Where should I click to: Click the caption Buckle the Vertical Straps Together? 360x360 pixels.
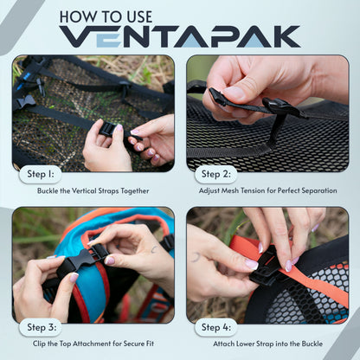tap(94, 190)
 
